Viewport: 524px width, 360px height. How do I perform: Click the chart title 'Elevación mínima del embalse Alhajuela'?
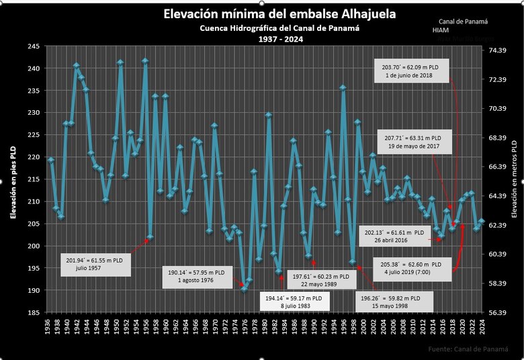[x=279, y=14]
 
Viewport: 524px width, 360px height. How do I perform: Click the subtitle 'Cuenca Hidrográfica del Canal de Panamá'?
[x=279, y=28]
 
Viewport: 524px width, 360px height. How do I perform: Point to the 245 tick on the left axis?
[x=32, y=46]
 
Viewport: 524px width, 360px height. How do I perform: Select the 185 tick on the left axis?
[x=32, y=312]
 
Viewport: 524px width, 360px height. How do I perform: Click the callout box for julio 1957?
[x=94, y=263]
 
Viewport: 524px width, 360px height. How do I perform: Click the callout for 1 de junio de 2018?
[x=407, y=71]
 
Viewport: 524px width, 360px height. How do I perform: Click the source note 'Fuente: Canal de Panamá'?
[x=468, y=349]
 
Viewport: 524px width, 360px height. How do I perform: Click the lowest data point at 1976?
[x=244, y=289]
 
